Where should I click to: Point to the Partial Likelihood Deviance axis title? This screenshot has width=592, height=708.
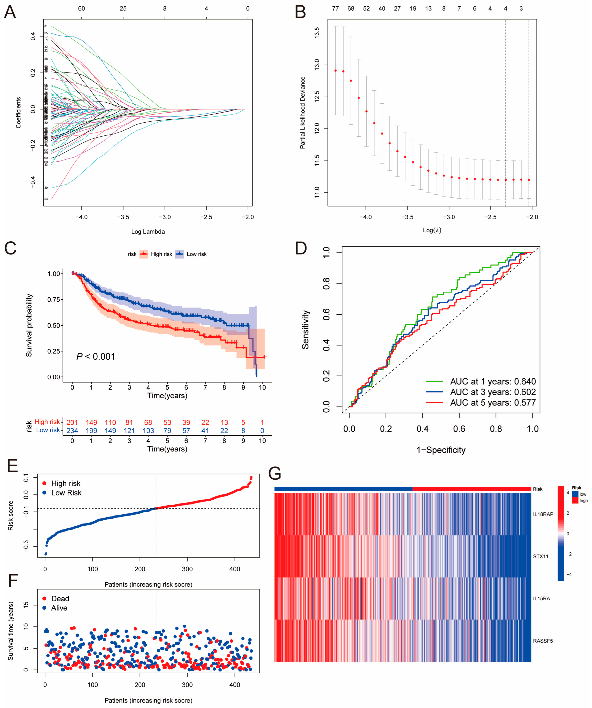click(303, 113)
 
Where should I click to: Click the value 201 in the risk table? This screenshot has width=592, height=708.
click(72, 422)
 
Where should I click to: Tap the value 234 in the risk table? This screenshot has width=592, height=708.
click(72, 431)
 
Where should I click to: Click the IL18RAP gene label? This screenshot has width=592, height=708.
click(543, 514)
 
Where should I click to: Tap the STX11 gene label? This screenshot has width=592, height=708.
click(540, 556)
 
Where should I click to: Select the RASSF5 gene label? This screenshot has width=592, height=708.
click(542, 641)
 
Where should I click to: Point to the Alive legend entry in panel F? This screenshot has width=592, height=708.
click(59, 608)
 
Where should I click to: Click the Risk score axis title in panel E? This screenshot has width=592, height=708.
click(11, 516)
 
